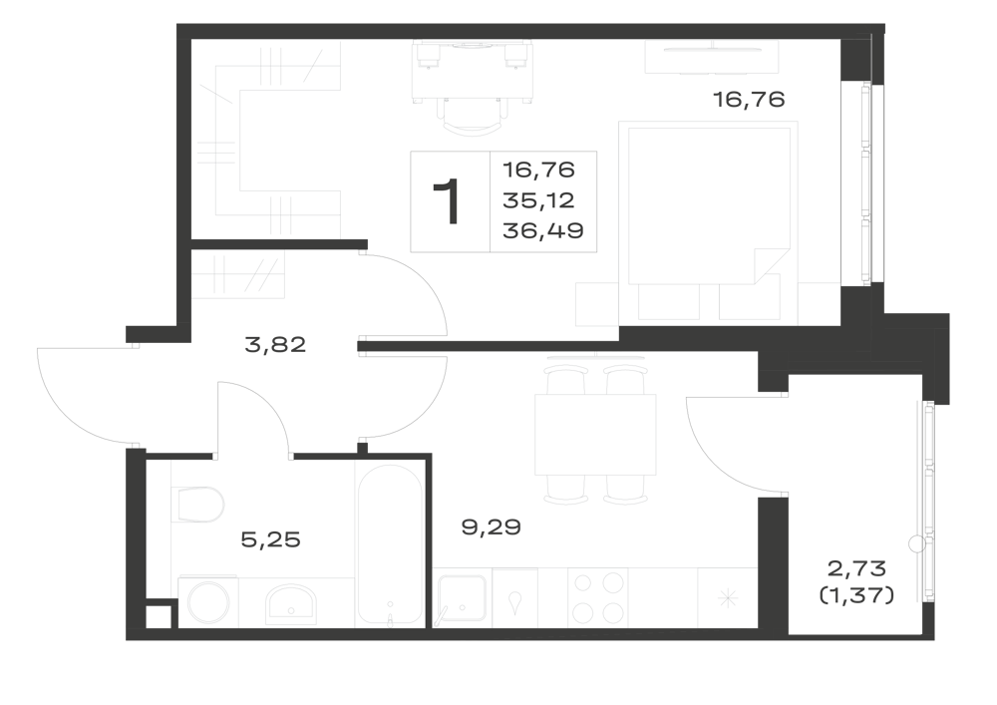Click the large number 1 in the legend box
tap(447, 201)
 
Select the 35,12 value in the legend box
tap(538, 200)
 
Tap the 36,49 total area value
tap(543, 230)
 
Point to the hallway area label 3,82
tap(275, 345)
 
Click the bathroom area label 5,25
tap(271, 539)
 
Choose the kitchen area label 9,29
tap(491, 527)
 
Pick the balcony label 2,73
tap(856, 567)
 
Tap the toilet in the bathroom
tap(197, 505)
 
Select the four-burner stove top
tap(597, 598)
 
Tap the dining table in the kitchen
tap(595, 434)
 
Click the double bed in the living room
tap(709, 206)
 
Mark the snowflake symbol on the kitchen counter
tap(728, 598)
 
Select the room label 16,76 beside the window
tap(749, 100)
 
